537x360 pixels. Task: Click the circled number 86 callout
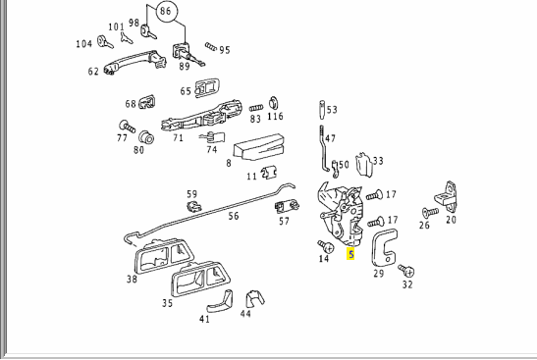point(167,12)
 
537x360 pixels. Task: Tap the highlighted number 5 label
point(350,255)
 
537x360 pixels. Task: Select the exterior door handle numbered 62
point(135,62)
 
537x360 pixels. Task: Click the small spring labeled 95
point(211,47)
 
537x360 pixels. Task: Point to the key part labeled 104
point(105,42)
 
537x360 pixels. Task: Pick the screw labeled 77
point(127,127)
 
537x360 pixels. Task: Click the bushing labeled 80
point(146,137)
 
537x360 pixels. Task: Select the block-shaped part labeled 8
point(259,147)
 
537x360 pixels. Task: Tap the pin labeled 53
point(322,110)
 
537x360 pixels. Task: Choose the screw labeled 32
point(406,271)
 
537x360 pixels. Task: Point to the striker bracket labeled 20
point(447,196)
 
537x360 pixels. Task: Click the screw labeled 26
point(430,213)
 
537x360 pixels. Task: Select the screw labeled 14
point(326,246)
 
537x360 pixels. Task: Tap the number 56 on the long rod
point(234,216)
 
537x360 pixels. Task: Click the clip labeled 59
point(194,206)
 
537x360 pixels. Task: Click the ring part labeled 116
point(274,103)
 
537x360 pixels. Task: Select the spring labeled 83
point(256,108)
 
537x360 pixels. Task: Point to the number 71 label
point(178,137)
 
